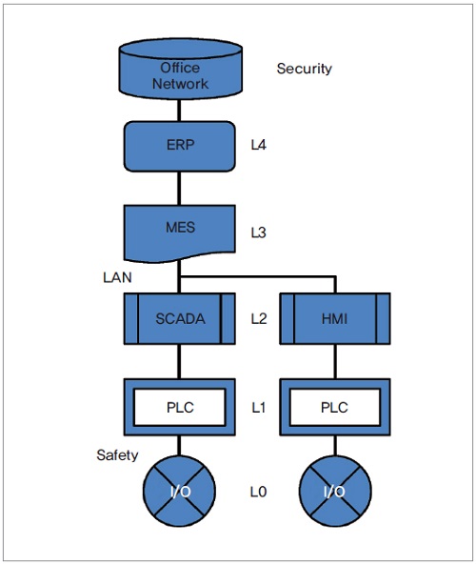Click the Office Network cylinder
click(x=180, y=69)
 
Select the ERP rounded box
click(x=180, y=147)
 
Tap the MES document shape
click(x=180, y=232)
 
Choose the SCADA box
click(x=180, y=318)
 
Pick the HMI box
click(x=335, y=318)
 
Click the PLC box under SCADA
click(x=180, y=407)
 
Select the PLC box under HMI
click(x=335, y=407)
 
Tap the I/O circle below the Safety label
click(x=179, y=491)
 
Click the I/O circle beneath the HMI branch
click(x=335, y=491)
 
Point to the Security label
click(x=305, y=69)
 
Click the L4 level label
click(x=259, y=145)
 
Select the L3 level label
click(x=259, y=232)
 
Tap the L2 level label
click(x=259, y=318)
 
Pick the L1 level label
click(x=259, y=408)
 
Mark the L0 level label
click(x=259, y=492)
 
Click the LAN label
click(x=117, y=277)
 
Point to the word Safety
click(x=117, y=455)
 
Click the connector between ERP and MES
click(x=179, y=188)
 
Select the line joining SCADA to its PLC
click(x=179, y=361)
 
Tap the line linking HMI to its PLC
click(x=335, y=361)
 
